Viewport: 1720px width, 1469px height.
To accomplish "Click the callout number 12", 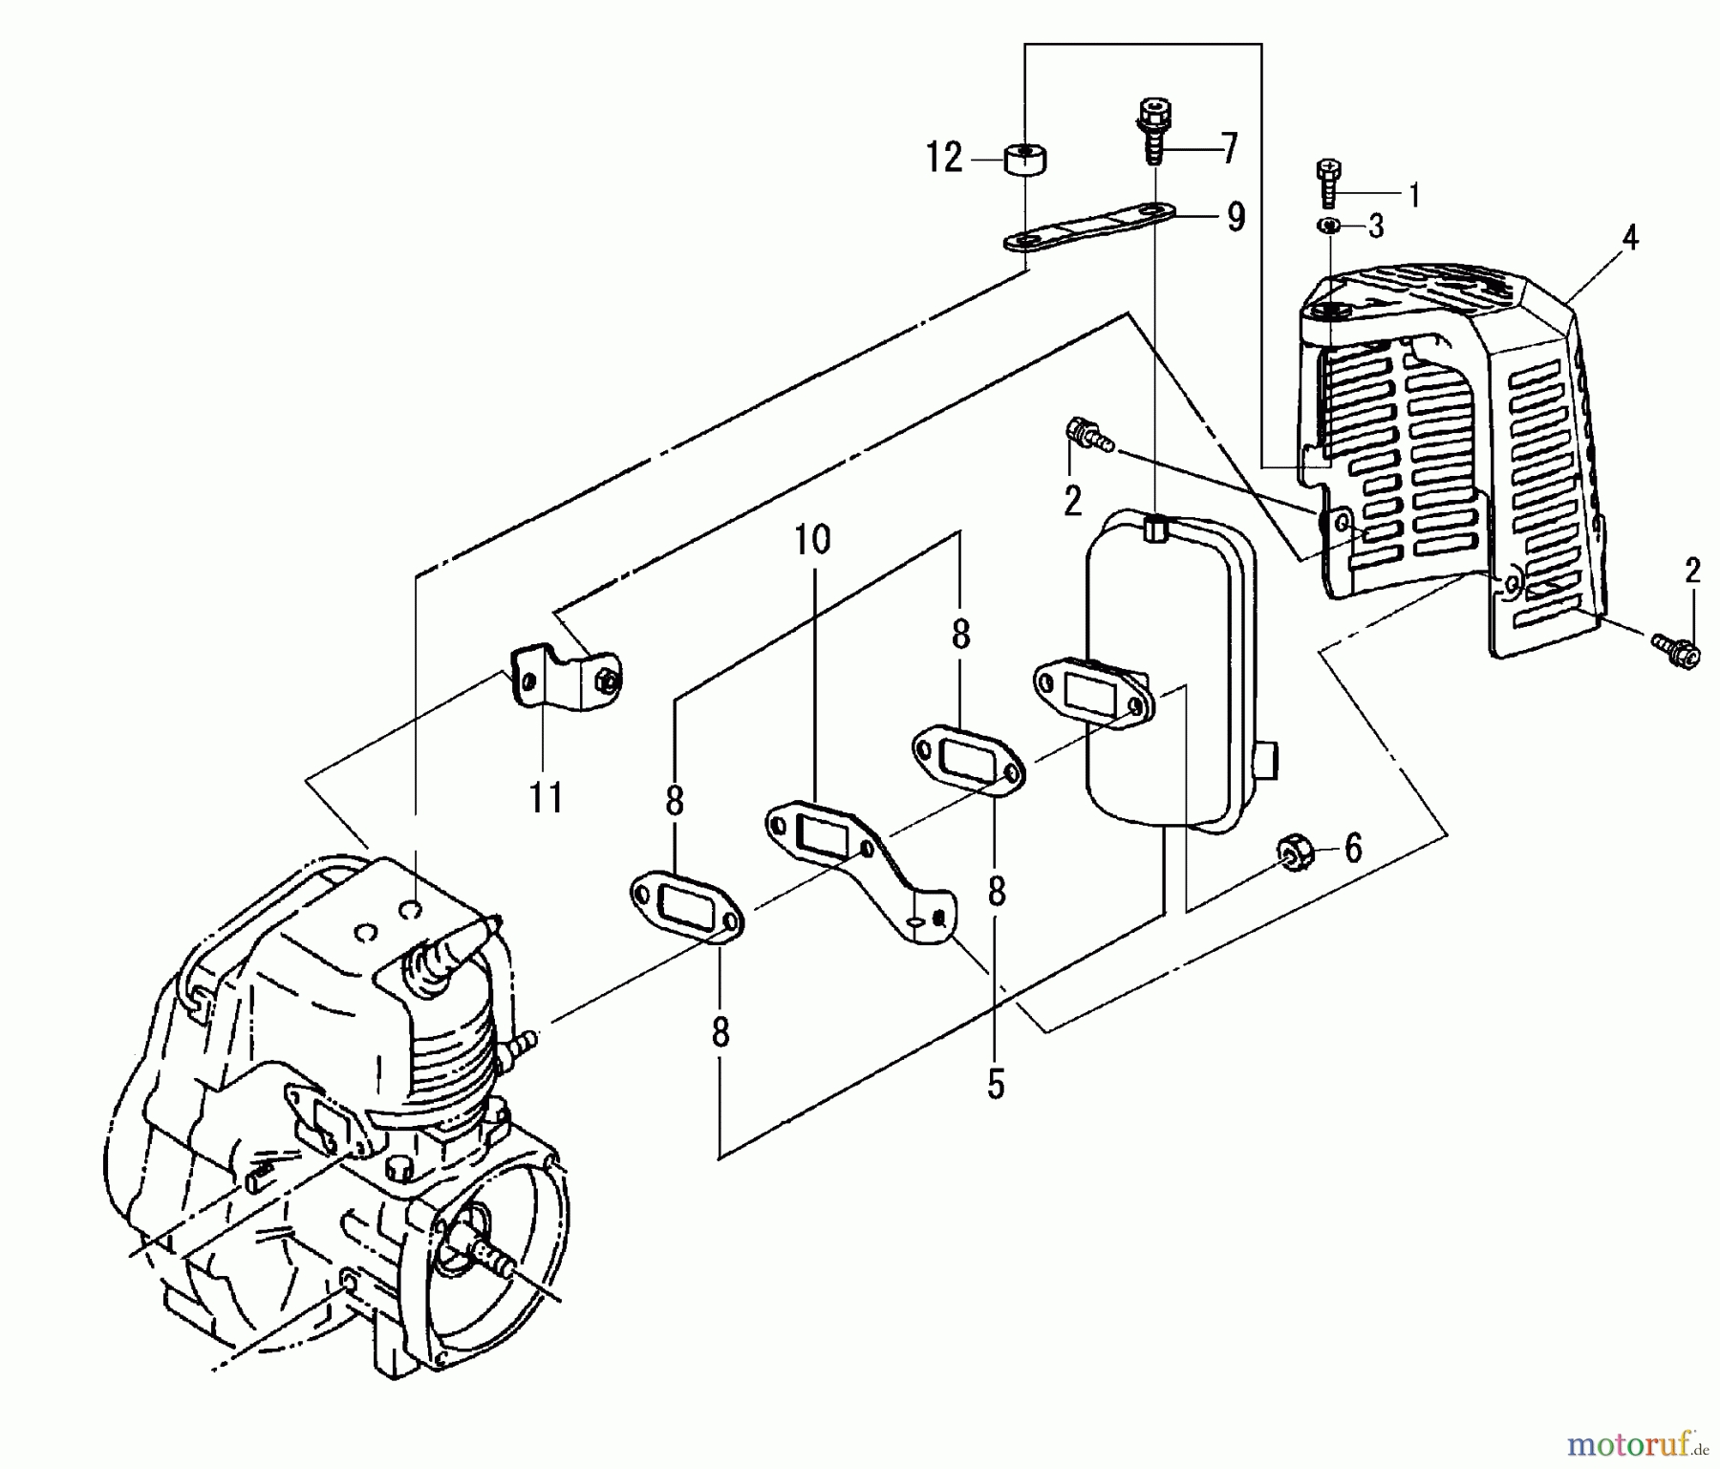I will coord(944,158).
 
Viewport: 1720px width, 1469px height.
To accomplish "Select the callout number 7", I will coord(1229,149).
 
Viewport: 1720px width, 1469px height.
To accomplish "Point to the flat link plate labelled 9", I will coord(1089,227).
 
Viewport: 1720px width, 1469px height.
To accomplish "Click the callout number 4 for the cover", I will coord(1630,238).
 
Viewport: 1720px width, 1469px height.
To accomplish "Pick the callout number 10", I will coord(812,540).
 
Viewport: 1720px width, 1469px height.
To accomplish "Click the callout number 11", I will coord(546,796).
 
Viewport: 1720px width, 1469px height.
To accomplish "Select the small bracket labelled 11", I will coord(564,677).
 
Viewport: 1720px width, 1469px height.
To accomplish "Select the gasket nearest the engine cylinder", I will coord(686,905).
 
